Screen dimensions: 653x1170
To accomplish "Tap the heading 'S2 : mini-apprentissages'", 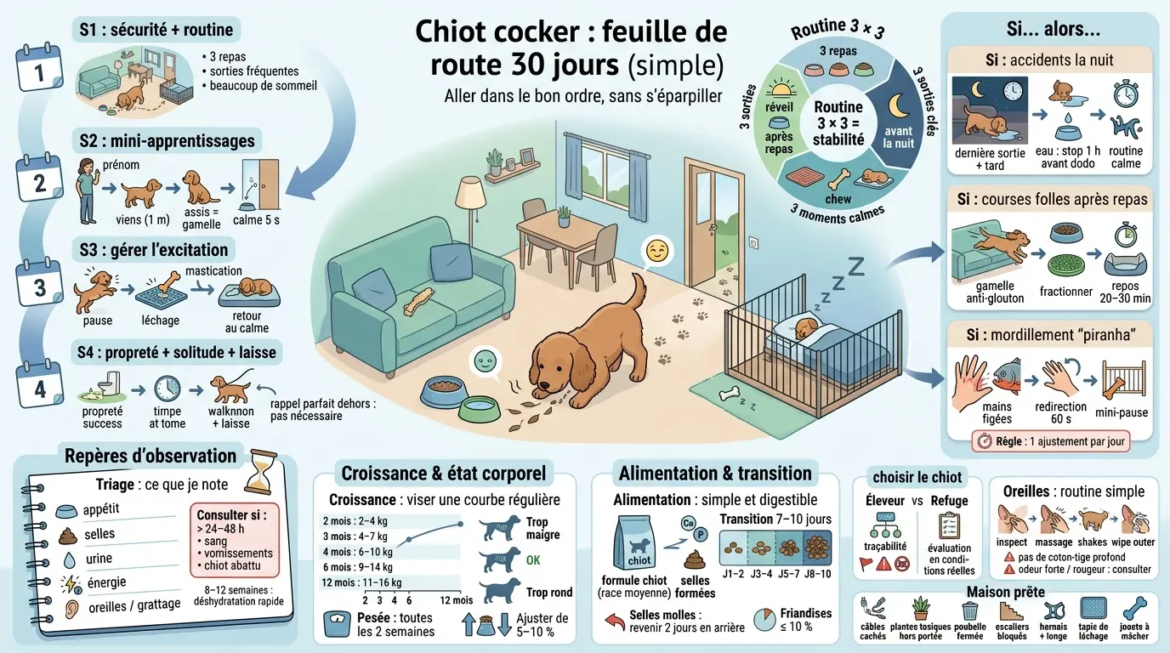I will (167, 139).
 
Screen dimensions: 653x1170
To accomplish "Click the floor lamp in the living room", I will (469, 213).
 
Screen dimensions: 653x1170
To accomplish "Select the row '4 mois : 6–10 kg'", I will (357, 551).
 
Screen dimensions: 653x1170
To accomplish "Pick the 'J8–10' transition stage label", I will (817, 574).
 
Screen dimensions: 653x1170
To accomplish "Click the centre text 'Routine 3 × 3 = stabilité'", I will (838, 124).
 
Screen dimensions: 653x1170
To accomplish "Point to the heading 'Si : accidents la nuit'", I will (1048, 60).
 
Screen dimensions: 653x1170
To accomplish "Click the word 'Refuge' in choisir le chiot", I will (949, 501).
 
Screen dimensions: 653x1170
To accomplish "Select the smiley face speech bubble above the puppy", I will (655, 251).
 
